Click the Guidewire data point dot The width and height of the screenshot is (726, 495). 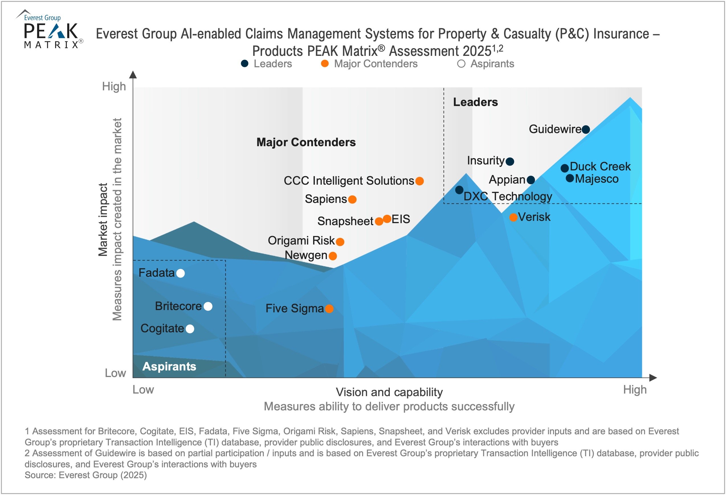click(586, 129)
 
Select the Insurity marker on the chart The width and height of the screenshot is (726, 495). click(510, 162)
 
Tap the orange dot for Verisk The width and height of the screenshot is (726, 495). click(513, 217)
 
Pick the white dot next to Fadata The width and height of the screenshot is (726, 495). click(181, 274)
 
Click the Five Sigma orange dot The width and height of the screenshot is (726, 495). click(329, 309)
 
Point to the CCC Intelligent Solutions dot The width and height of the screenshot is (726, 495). click(419, 181)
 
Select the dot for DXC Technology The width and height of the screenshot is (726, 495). click(459, 190)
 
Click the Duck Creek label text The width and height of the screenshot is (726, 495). click(600, 166)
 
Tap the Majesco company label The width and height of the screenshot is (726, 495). click(597, 179)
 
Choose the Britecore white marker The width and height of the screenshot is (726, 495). click(208, 307)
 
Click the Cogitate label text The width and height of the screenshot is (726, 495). click(162, 329)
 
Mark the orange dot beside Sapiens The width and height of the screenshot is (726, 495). click(352, 200)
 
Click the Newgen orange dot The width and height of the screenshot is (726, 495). click(333, 256)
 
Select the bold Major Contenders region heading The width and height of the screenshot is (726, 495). click(306, 142)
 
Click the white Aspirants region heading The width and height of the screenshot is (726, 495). click(169, 366)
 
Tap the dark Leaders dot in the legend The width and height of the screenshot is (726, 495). click(244, 64)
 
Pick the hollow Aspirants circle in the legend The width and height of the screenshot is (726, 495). click(461, 64)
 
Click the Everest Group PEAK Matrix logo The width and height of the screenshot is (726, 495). click(50, 30)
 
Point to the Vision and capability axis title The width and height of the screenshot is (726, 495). click(389, 392)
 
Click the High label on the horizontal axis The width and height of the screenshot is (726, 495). click(635, 390)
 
